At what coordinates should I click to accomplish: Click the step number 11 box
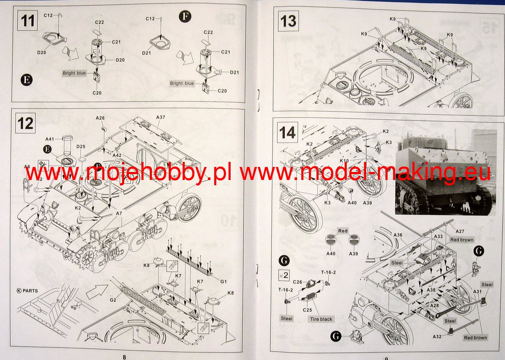click(x=28, y=21)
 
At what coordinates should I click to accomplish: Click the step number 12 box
click(x=26, y=124)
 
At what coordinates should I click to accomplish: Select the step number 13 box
click(x=288, y=21)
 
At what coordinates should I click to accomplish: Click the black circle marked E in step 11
click(x=26, y=79)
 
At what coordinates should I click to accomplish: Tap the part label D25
click(x=81, y=146)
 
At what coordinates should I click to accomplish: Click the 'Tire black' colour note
click(x=321, y=319)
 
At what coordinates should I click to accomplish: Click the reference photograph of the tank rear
click(x=445, y=172)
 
